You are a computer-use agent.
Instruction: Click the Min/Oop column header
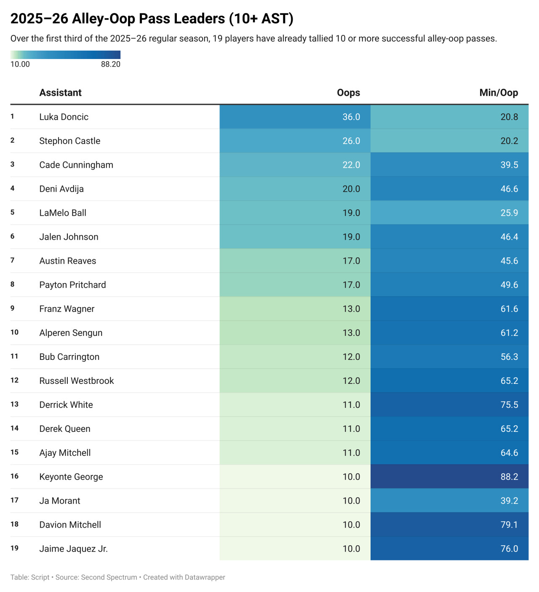click(499, 93)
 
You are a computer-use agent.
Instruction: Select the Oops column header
click(348, 93)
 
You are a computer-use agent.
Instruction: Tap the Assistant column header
click(60, 93)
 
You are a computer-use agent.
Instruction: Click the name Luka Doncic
click(64, 117)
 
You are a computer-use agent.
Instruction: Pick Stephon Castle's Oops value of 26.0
click(351, 141)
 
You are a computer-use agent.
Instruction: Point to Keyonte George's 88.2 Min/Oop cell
click(509, 477)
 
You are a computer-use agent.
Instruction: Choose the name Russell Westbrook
click(77, 380)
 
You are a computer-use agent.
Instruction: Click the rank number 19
click(14, 548)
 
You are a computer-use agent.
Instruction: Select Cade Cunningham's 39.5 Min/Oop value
click(509, 165)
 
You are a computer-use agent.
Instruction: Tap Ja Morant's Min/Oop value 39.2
click(509, 501)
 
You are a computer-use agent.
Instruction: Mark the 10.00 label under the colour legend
click(20, 64)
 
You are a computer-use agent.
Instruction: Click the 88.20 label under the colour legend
click(111, 64)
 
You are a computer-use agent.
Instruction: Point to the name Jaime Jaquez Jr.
click(73, 549)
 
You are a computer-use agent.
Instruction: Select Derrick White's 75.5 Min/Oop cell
click(509, 404)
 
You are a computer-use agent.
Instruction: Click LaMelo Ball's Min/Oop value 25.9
click(509, 213)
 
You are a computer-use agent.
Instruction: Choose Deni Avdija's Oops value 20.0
click(351, 189)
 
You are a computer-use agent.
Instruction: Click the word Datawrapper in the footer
click(205, 577)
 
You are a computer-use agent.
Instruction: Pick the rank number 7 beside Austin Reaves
click(12, 260)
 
